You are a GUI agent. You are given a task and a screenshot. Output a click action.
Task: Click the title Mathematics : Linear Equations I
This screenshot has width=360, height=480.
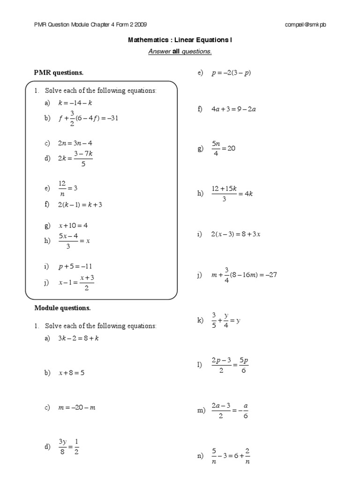180,40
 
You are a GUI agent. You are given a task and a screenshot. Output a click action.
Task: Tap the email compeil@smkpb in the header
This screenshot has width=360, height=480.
305,25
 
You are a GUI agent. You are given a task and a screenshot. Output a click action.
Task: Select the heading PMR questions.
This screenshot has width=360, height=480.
59,73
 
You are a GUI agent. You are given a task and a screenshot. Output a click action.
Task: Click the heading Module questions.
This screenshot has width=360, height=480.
63,308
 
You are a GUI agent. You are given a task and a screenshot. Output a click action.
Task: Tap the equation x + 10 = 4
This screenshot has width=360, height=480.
73,225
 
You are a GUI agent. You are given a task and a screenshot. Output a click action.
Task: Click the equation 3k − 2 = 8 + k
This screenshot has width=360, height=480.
78,339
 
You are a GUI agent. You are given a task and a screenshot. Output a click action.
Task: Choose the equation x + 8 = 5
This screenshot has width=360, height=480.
71,373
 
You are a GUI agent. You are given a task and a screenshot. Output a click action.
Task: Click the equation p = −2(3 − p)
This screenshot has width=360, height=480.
232,74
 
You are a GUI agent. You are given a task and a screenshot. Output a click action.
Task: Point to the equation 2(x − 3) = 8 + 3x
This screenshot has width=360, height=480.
235,234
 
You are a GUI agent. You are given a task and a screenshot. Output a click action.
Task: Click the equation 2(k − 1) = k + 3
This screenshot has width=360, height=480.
80,205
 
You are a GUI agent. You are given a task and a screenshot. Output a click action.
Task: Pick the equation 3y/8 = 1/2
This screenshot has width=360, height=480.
68,446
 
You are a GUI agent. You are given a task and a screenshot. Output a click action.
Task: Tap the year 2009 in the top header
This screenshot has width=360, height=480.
142,25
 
